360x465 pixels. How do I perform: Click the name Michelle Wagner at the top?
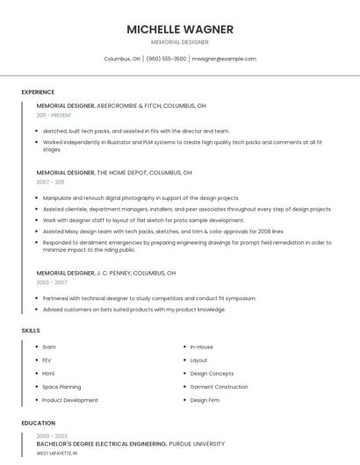[x=180, y=29]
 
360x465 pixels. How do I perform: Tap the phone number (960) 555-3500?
[x=166, y=59]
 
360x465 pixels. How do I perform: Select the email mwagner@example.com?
[x=224, y=59]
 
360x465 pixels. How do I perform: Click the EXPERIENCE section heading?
[x=38, y=92]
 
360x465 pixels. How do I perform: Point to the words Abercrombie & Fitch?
[x=135, y=105]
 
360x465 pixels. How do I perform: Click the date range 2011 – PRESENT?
[x=54, y=115]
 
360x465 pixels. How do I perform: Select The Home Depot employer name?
[x=122, y=173]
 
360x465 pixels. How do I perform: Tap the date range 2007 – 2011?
[x=50, y=182]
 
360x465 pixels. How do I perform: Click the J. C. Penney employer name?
[x=119, y=273]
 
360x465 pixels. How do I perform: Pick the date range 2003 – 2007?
[x=52, y=283]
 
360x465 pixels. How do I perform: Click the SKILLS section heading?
[x=31, y=331]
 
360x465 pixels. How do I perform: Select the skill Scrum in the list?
[x=49, y=347]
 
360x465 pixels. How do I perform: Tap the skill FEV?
[x=47, y=360]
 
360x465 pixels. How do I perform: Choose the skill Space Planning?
[x=61, y=387]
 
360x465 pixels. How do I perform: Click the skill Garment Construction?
[x=219, y=387]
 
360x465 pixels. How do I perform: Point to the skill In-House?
[x=201, y=347]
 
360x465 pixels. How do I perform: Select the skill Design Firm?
[x=205, y=400]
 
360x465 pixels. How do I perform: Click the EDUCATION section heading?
[x=38, y=423]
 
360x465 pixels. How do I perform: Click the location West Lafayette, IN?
[x=57, y=454]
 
